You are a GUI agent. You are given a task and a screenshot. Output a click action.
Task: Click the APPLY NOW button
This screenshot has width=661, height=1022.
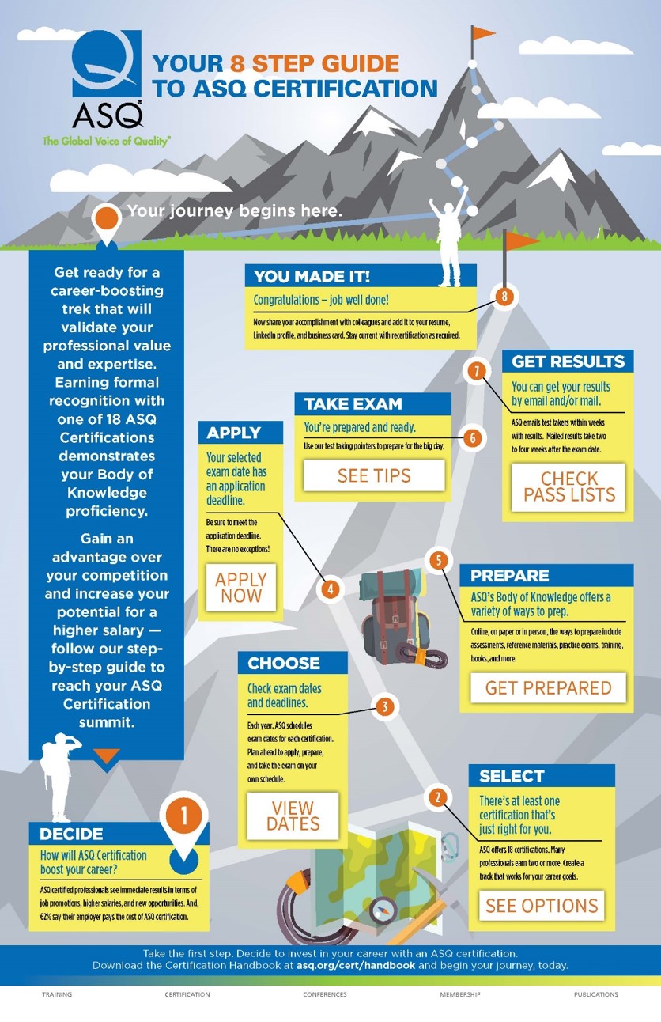241,587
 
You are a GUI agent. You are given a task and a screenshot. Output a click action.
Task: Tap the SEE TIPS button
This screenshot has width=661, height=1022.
374,475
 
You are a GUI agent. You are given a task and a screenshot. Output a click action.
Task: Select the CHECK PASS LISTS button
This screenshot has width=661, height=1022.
568,487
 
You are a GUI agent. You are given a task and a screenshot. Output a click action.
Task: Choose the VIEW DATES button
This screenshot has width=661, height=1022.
293,816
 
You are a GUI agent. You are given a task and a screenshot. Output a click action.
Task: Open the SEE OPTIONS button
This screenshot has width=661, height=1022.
542,906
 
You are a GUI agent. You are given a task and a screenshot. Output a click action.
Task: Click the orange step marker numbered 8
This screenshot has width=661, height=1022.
504,297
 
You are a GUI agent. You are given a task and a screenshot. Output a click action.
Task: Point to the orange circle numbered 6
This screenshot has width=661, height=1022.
473,438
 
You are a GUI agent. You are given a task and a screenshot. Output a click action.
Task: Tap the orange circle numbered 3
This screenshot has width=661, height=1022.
385,706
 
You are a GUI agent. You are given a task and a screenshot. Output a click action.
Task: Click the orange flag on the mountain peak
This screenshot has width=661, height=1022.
482,33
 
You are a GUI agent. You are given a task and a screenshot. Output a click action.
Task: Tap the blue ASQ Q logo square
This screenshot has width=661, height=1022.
107,63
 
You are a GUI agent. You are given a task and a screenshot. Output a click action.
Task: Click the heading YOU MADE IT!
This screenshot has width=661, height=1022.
312,277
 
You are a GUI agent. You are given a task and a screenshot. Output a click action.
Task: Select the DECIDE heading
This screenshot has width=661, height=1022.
71,834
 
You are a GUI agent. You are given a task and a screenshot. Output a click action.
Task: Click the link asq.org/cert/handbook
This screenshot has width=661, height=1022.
356,965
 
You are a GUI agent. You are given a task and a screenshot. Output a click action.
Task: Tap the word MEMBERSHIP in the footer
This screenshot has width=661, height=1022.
460,994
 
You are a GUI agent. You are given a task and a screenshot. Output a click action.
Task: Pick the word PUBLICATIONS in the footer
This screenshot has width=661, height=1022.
595,994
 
